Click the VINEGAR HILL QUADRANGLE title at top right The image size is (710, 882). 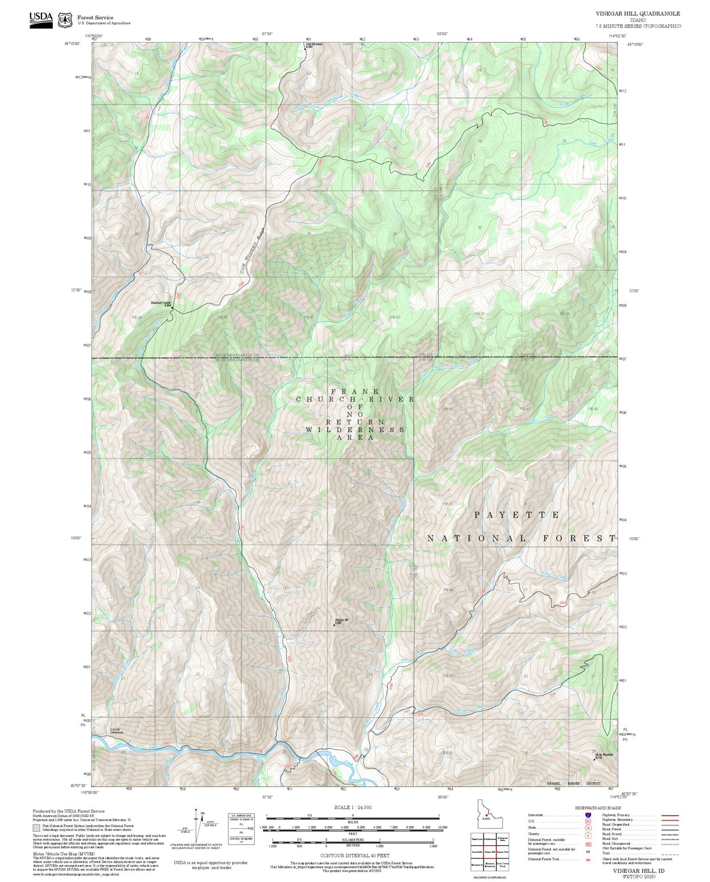tap(638, 14)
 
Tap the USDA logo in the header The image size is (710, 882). tap(41, 19)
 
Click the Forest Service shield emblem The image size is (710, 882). tap(65, 20)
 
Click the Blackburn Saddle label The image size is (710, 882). tap(161, 303)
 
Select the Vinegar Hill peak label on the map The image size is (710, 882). tap(341, 620)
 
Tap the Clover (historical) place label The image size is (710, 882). tap(116, 731)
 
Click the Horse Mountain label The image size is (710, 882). tap(604, 755)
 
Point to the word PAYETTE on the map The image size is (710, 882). tap(516, 515)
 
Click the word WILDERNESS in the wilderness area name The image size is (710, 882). tap(355, 430)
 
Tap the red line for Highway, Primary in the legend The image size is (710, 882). tap(670, 815)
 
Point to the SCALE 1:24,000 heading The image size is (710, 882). tap(353, 807)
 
